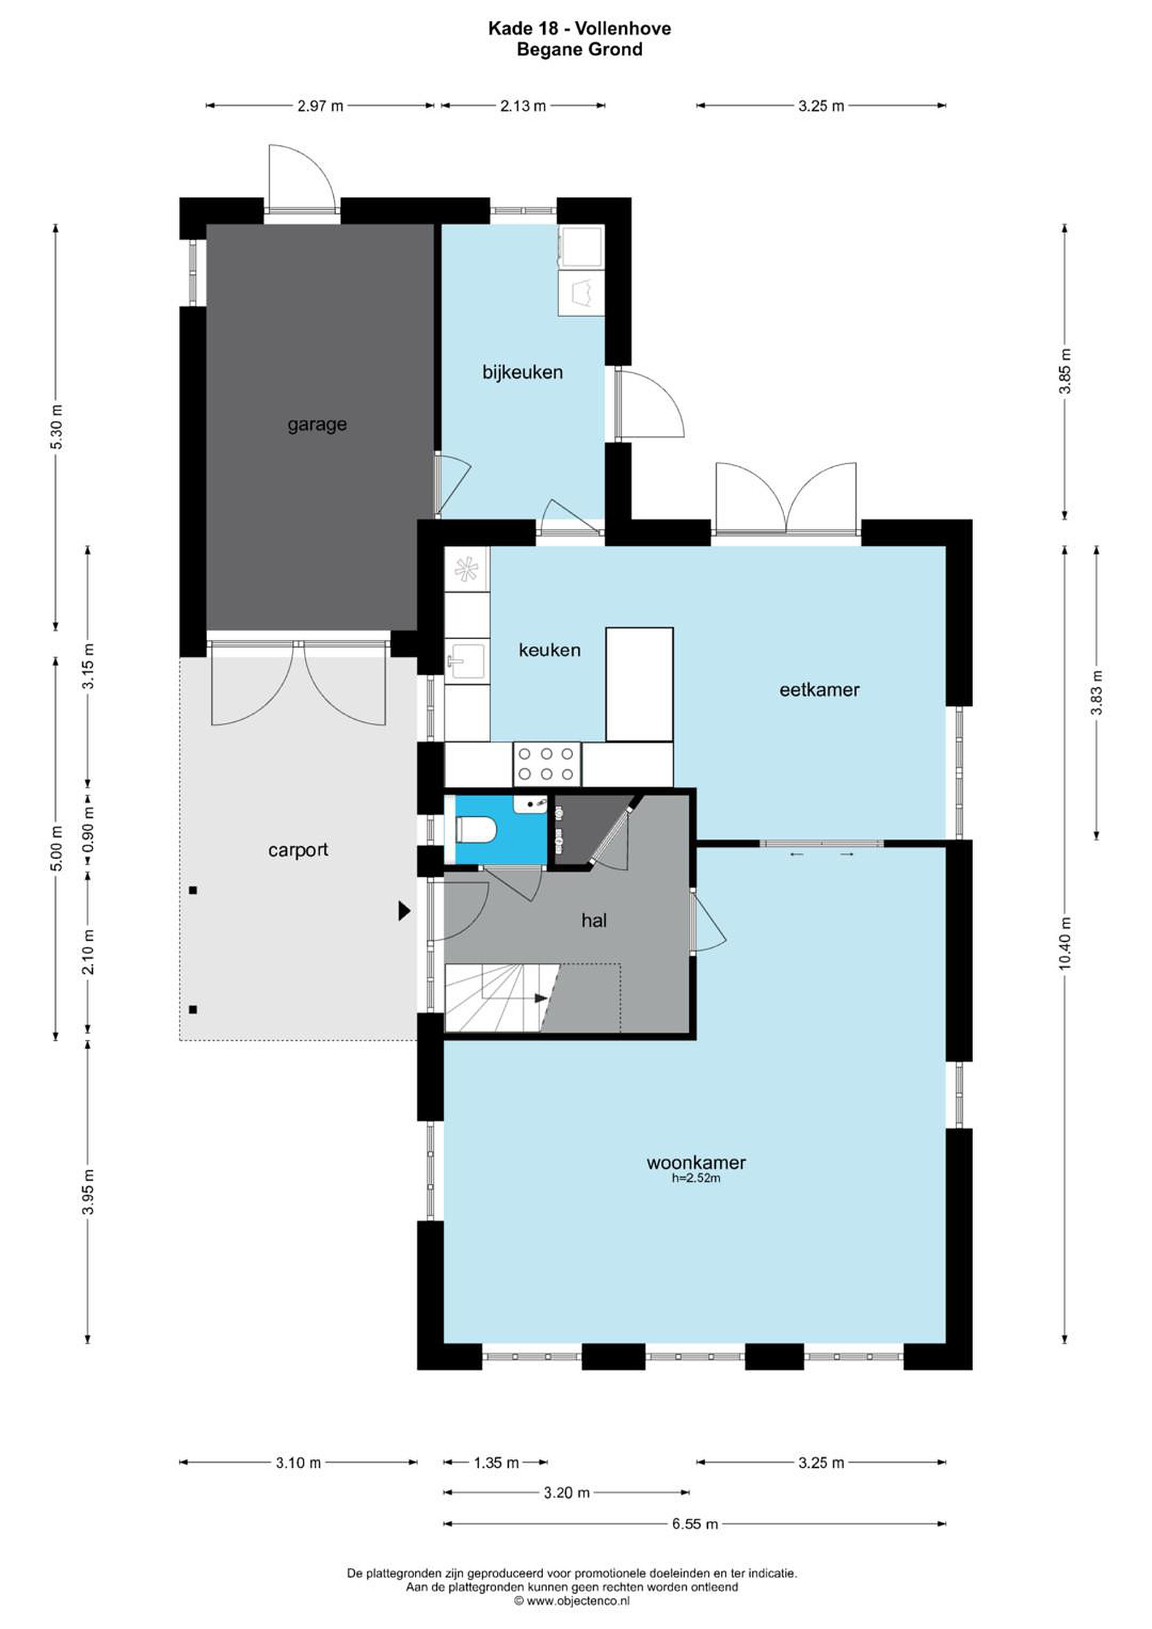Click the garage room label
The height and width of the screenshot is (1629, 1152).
317,425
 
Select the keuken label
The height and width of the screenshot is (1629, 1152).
549,650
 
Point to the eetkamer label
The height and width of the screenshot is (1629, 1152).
819,689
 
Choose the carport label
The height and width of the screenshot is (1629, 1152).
298,850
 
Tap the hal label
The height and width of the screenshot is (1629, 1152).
594,920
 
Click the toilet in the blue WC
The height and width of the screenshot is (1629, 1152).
474,829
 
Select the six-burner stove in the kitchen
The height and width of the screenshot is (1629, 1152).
547,764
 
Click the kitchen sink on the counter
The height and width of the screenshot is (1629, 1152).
466,661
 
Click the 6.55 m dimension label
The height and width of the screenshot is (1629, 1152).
695,1524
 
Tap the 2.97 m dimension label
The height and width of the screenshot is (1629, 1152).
320,106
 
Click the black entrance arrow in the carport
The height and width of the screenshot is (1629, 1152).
404,911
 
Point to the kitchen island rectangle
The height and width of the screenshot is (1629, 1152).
639,684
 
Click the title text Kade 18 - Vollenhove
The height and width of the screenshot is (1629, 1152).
579,28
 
